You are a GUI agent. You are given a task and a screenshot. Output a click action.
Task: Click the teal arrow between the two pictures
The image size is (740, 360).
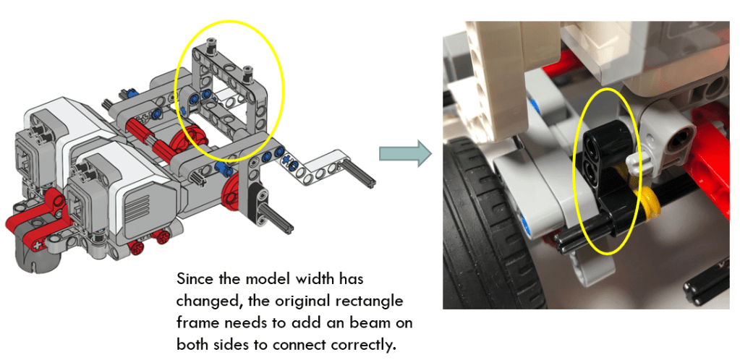pos(405,153)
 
